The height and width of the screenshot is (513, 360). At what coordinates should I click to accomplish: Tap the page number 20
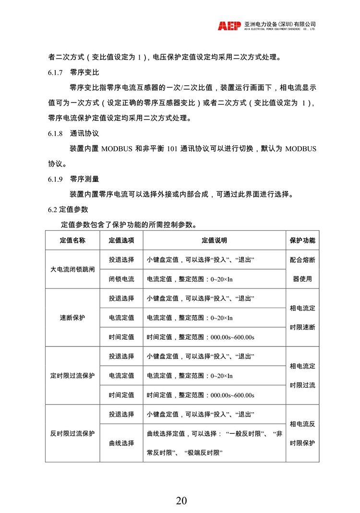click(181, 501)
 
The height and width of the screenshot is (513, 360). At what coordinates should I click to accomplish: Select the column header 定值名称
click(72, 240)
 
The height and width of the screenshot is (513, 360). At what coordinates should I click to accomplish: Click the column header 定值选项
click(121, 240)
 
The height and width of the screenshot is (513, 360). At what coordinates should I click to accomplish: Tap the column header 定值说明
click(214, 240)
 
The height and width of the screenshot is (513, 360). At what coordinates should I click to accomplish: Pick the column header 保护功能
click(302, 240)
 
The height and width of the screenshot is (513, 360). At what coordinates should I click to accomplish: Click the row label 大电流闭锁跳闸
click(72, 269)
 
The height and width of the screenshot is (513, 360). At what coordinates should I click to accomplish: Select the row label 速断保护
click(72, 317)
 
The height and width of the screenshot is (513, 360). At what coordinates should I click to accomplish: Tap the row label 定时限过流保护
click(72, 375)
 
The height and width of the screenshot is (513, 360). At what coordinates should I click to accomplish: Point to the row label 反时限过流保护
click(72, 433)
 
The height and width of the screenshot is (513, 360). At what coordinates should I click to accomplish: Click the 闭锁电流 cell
click(121, 279)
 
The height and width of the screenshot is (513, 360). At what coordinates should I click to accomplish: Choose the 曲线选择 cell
click(121, 443)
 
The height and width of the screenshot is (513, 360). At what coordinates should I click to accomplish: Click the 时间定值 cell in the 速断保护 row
click(121, 337)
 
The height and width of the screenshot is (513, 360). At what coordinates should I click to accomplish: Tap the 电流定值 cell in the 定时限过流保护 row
click(121, 375)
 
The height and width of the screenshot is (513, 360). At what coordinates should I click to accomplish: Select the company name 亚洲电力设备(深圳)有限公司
click(280, 24)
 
